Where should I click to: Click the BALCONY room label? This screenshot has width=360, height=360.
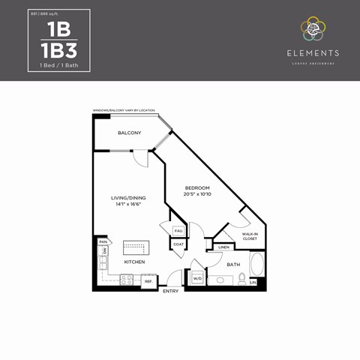click(129, 133)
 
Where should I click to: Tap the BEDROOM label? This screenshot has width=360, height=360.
click(197, 187)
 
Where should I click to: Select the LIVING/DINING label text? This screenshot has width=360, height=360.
click(128, 198)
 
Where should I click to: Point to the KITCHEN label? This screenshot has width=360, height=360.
click(134, 262)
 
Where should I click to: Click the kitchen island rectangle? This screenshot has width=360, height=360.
click(136, 247)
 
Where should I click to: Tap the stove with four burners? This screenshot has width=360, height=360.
click(127, 280)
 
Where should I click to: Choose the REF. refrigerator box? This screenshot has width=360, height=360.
click(148, 281)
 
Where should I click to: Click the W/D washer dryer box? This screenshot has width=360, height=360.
click(197, 279)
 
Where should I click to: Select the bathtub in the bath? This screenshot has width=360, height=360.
click(256, 266)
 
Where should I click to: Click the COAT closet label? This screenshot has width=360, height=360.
click(178, 244)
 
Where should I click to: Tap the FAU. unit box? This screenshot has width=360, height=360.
click(178, 231)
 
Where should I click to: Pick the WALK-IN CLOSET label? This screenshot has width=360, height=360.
click(250, 236)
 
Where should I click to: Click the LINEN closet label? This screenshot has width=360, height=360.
click(223, 247)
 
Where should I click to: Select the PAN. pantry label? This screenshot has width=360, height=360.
click(102, 241)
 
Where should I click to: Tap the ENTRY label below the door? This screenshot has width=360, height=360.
click(171, 291)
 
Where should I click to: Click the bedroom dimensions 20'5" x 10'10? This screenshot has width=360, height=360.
click(197, 194)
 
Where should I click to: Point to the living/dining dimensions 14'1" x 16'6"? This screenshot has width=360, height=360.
click(128, 204)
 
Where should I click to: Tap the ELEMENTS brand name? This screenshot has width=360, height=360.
click(313, 53)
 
